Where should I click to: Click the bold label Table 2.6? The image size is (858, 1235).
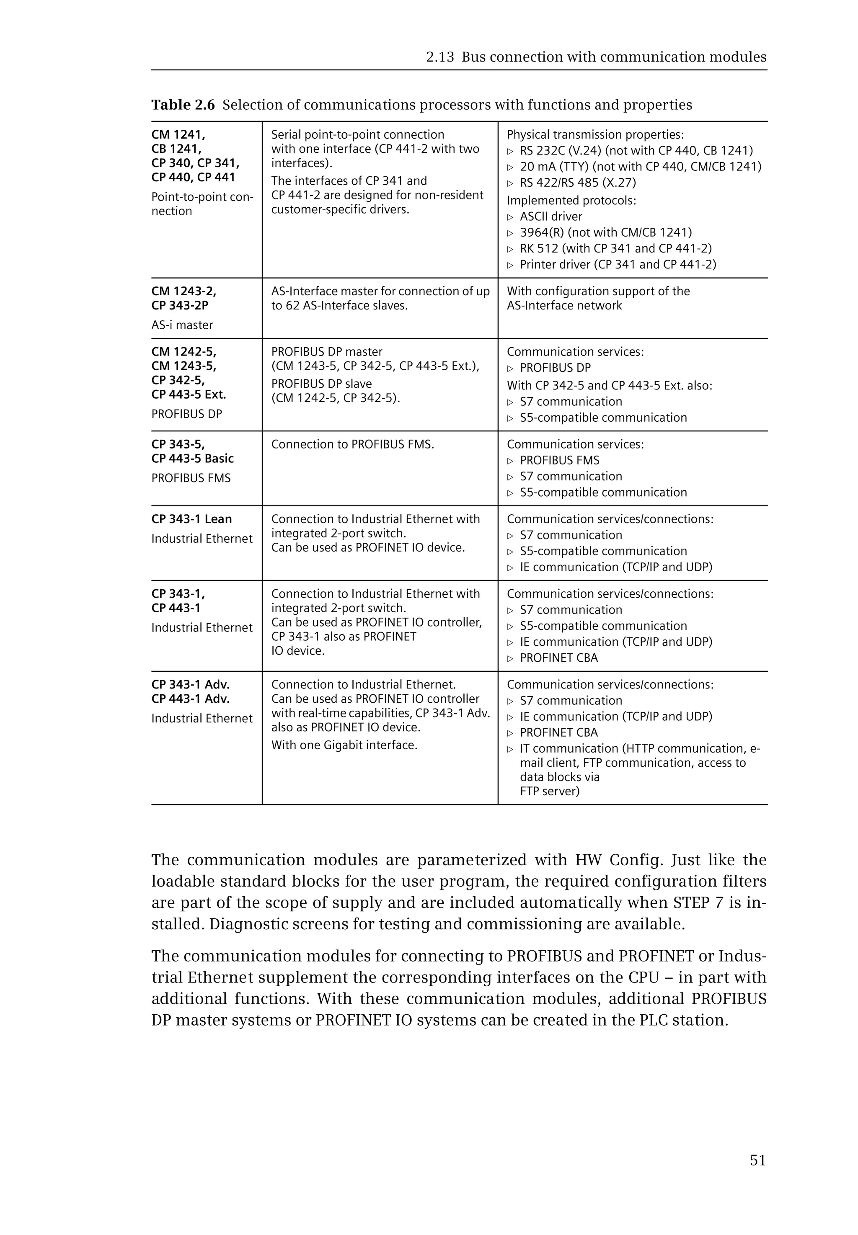[183, 105]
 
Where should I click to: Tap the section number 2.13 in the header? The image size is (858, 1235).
[440, 57]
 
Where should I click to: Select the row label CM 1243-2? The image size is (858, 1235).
[184, 291]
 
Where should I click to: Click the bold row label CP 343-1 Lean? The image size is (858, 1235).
[191, 519]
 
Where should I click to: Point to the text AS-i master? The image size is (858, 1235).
[182, 325]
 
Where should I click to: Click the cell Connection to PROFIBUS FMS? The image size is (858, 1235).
[353, 444]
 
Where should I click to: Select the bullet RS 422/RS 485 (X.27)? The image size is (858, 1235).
[577, 183]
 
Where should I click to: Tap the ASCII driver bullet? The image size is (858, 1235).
[550, 217]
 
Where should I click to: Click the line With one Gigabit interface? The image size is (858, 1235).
[344, 745]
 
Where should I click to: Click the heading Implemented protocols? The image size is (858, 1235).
[571, 201]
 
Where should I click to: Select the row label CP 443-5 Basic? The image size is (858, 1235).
[192, 459]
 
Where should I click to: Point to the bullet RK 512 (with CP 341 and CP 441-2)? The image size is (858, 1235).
[615, 248]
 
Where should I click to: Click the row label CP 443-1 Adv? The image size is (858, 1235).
[190, 699]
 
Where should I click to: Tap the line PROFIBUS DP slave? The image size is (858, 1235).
[321, 384]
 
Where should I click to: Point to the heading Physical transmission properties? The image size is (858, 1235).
[595, 135]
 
